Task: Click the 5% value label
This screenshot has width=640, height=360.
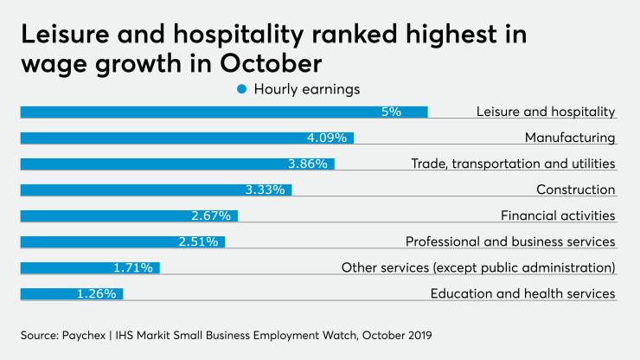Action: pyautogui.click(x=392, y=112)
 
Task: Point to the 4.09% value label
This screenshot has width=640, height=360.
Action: pyautogui.click(x=327, y=138)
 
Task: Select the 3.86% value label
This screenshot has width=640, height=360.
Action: pyautogui.click(x=308, y=164)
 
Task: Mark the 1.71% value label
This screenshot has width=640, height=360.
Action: pyautogui.click(x=133, y=267)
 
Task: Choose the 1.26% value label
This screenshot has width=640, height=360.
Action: pyautogui.click(x=96, y=293)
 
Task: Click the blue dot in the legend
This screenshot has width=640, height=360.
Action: pyautogui.click(x=242, y=89)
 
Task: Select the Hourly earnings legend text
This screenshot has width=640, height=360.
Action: pyautogui.click(x=306, y=89)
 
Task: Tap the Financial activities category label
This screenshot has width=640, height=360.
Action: pyautogui.click(x=558, y=215)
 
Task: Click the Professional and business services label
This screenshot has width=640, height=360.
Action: pyautogui.click(x=510, y=241)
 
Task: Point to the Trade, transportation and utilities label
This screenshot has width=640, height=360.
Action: pyautogui.click(x=513, y=164)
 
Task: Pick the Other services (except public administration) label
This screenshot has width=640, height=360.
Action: pyautogui.click(x=478, y=267)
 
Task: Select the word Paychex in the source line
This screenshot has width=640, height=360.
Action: pyautogui.click(x=86, y=334)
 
